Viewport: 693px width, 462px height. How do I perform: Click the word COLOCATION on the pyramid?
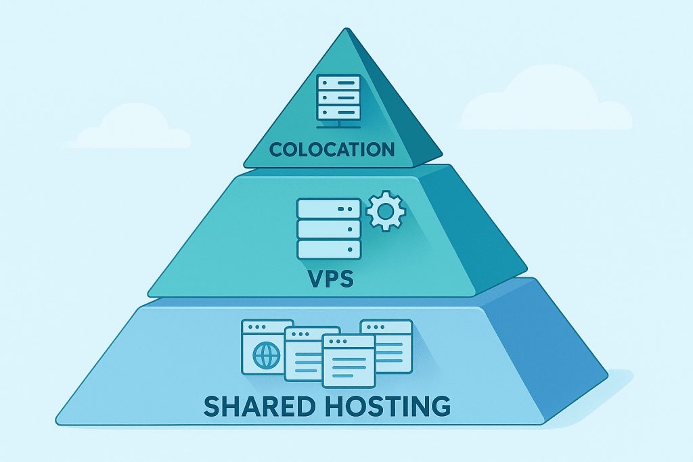pyautogui.click(x=332, y=149)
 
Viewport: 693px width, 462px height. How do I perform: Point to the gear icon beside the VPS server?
pyautogui.click(x=385, y=211)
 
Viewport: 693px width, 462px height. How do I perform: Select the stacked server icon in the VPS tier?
pyautogui.click(x=329, y=228)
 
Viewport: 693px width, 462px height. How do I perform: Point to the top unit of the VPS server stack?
pyautogui.click(x=329, y=208)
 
